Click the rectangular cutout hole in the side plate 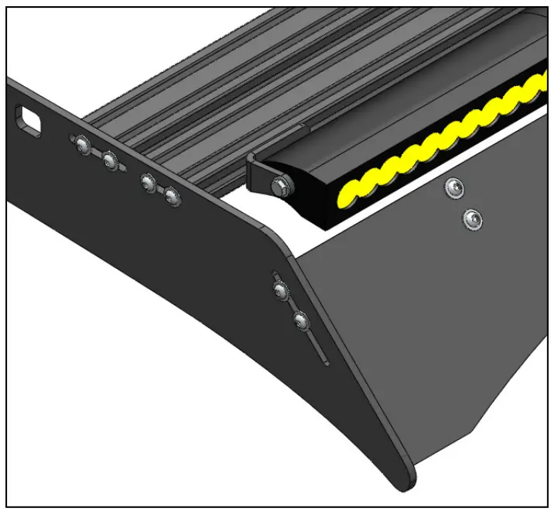coord(29,122)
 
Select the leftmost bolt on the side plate coord(82,144)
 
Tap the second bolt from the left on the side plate coord(110,161)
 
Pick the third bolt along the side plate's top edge coord(147,182)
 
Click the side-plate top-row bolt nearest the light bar coord(172,198)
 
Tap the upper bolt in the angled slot coord(281,291)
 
